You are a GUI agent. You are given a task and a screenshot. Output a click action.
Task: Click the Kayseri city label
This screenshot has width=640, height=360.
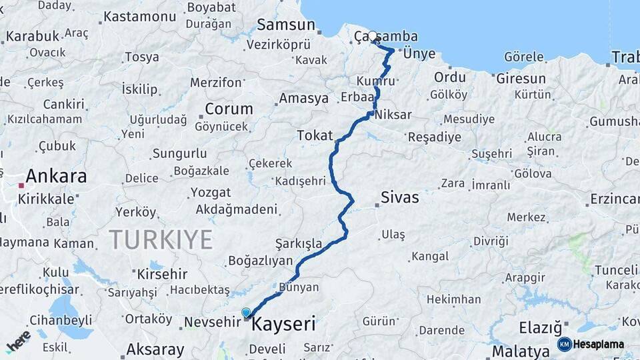(283, 325)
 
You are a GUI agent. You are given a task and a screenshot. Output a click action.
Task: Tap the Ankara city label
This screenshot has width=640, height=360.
(56, 177)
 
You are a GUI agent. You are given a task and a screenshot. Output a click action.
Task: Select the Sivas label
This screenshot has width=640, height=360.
(400, 197)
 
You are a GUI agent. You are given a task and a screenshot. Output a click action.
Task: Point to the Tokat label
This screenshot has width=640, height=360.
(315, 136)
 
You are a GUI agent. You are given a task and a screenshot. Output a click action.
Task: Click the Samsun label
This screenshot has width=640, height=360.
(285, 25)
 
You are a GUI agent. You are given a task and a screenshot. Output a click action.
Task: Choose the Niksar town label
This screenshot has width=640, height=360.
(393, 115)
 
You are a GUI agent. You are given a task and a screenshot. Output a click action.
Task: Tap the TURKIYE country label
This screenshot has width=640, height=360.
(161, 239)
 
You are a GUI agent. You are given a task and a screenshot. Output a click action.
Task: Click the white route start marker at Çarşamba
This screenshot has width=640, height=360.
(372, 36)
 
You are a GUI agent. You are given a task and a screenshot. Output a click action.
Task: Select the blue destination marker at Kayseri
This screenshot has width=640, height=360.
(246, 313)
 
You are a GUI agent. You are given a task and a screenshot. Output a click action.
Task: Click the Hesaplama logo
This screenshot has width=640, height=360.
(591, 344)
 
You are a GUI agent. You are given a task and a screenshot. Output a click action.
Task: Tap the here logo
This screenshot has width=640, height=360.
(19, 341)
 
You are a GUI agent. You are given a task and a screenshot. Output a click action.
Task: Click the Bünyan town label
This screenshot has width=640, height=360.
(299, 288)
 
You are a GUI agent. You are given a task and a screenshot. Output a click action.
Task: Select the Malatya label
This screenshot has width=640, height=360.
(520, 351)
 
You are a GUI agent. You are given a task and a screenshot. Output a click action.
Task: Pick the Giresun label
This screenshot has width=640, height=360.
(521, 78)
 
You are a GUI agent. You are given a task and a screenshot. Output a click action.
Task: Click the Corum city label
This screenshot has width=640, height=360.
(229, 109)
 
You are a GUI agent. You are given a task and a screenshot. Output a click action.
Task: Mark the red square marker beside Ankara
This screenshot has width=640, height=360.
(22, 185)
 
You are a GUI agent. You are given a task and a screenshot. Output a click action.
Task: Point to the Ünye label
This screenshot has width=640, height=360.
(419, 54)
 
